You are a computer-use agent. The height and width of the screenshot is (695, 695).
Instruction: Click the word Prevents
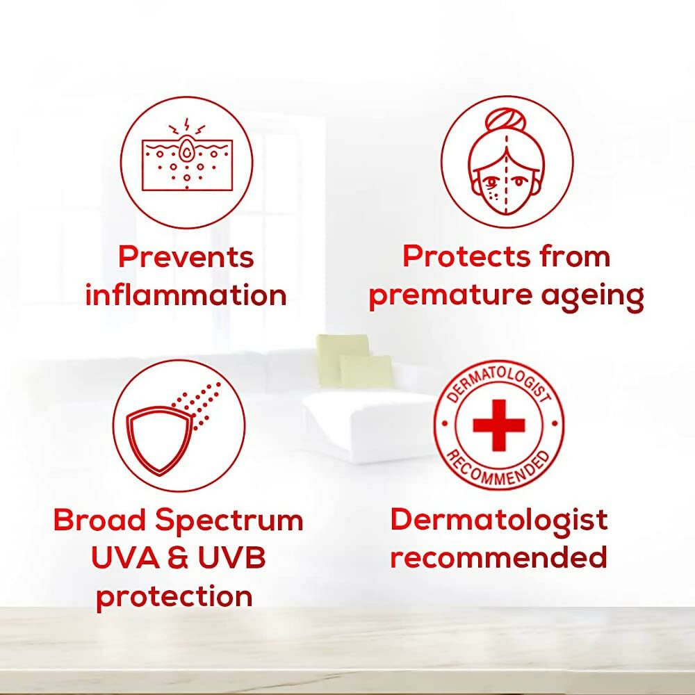pyautogui.click(x=186, y=257)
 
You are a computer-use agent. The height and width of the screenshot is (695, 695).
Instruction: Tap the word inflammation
pyautogui.click(x=186, y=295)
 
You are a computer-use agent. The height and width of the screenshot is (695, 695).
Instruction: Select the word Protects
pyautogui.click(x=463, y=257)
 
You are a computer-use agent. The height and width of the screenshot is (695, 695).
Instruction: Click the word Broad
pyautogui.click(x=100, y=521)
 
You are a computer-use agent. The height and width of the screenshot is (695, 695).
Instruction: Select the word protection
pyautogui.click(x=174, y=597)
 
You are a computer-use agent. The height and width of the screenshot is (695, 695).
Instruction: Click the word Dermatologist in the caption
pyautogui.click(x=498, y=521)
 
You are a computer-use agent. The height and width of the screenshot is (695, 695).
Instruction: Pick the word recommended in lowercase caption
pyautogui.click(x=498, y=558)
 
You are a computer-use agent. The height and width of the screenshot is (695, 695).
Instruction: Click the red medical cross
pyautogui.click(x=498, y=425)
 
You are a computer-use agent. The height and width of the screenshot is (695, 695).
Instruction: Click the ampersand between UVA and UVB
pyautogui.click(x=177, y=559)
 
